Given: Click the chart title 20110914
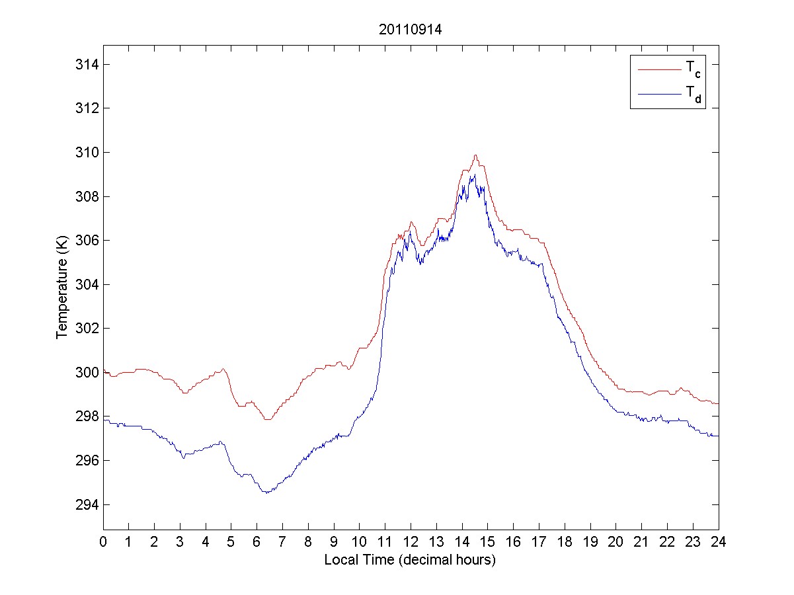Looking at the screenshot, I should point(410,30).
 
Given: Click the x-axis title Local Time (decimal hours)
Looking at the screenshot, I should point(410,560).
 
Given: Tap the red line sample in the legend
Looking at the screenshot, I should point(658,69).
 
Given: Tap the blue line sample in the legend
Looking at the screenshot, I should point(658,95).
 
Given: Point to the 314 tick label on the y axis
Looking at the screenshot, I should point(87,65).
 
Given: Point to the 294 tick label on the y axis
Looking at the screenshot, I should point(87,505).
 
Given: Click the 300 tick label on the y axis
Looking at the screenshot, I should point(87,373).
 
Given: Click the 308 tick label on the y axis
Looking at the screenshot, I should point(87,197).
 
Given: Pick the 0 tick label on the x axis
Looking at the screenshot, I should point(103,541).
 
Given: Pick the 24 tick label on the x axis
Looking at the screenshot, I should point(719,541).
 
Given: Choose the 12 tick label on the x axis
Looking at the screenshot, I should point(411,541).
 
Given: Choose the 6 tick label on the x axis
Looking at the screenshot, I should point(257,541).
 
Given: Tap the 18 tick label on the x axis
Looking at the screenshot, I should point(565,541).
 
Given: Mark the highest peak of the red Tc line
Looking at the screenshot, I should point(475,155).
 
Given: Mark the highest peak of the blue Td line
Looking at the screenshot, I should point(473,175).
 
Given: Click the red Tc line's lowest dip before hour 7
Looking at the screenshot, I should point(267,419).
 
